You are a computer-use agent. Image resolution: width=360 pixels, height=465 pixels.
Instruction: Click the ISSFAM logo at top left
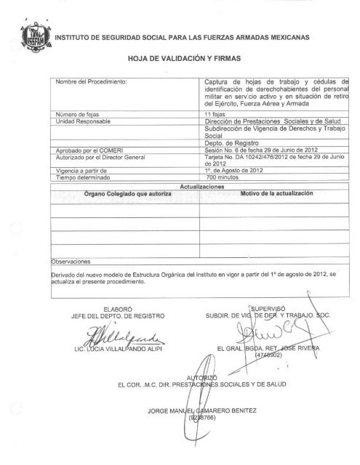pos(33,33)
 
